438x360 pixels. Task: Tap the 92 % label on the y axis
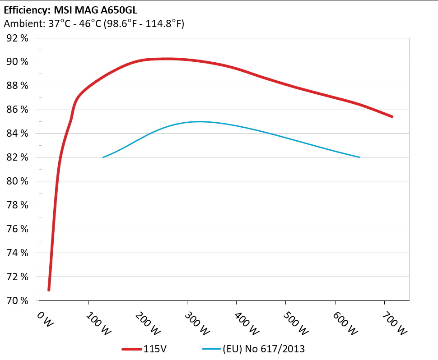pyautogui.click(x=18, y=38)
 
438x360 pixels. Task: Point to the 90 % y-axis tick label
pyautogui.click(x=18, y=62)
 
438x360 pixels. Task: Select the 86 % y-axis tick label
pyautogui.click(x=18, y=110)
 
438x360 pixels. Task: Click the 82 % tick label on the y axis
pyautogui.click(x=18, y=157)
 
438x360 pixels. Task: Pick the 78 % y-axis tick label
pyautogui.click(x=18, y=205)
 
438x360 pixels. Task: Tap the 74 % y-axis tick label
pyautogui.click(x=18, y=253)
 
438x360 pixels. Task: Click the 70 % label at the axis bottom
pyautogui.click(x=18, y=300)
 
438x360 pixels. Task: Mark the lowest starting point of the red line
pyautogui.click(x=49, y=290)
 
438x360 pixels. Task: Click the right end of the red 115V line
pyautogui.click(x=391, y=116)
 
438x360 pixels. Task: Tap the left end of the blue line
pyautogui.click(x=103, y=157)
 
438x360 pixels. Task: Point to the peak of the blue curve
pyautogui.click(x=199, y=121)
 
